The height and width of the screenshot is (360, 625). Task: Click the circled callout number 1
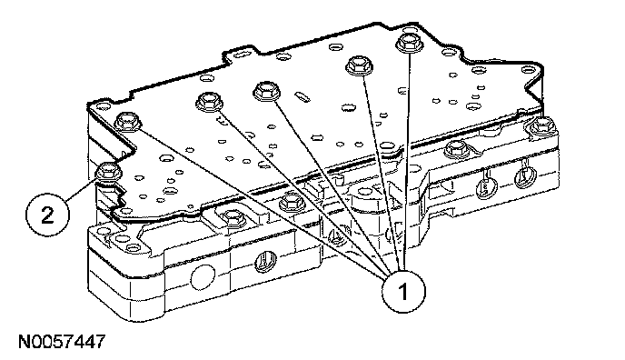pyautogui.click(x=403, y=291)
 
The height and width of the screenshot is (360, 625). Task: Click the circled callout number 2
pyautogui.click(x=47, y=215)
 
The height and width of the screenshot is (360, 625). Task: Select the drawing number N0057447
pyautogui.click(x=62, y=342)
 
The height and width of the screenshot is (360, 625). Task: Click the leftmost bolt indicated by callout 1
pyautogui.click(x=127, y=121)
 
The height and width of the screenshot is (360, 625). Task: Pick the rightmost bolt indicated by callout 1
pyautogui.click(x=410, y=42)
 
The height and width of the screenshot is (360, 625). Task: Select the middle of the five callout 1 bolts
pyautogui.click(x=266, y=91)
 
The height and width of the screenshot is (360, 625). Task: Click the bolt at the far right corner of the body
pyautogui.click(x=542, y=126)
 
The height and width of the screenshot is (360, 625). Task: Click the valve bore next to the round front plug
pyautogui.click(x=265, y=262)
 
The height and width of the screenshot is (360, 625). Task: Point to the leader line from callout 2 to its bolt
pyautogui.click(x=82, y=188)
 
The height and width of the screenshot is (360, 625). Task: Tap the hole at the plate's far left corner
pyautogui.click(x=104, y=106)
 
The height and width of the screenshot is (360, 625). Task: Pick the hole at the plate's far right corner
pyautogui.click(x=529, y=70)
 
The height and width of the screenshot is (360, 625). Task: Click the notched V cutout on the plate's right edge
pyautogui.click(x=534, y=93)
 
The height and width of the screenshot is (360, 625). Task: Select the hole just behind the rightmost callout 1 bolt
pyautogui.click(x=410, y=29)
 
